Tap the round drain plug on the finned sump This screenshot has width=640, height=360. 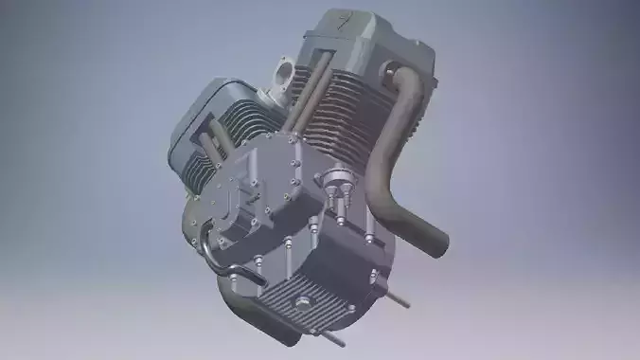(x=303, y=304)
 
